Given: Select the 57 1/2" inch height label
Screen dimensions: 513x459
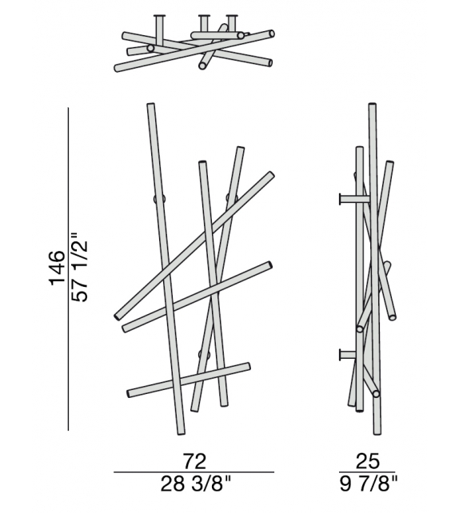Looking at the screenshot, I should point(79,268).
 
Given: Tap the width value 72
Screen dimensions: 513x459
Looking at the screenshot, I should point(194,461).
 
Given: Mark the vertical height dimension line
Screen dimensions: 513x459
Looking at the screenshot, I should point(70,268).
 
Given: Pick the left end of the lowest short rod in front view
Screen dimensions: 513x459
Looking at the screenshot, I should point(130,393).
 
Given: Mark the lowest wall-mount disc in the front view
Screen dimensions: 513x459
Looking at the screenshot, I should point(203,354).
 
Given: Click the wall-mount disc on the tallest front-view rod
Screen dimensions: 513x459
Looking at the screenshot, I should point(160,198).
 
